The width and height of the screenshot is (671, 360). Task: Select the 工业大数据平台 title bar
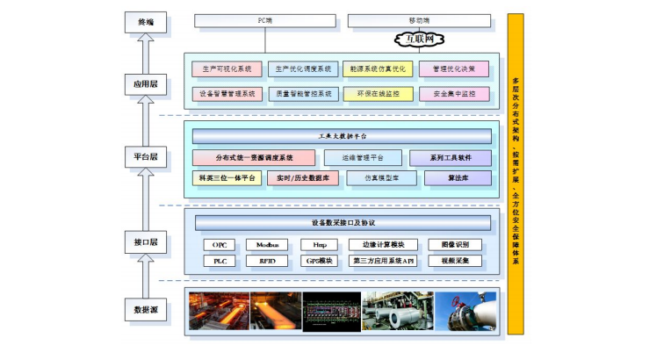(342, 136)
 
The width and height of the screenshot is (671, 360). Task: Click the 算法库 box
(458, 177)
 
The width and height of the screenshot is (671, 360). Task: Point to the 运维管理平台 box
(363, 158)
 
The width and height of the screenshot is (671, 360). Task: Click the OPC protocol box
(220, 244)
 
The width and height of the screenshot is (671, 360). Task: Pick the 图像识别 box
(455, 244)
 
